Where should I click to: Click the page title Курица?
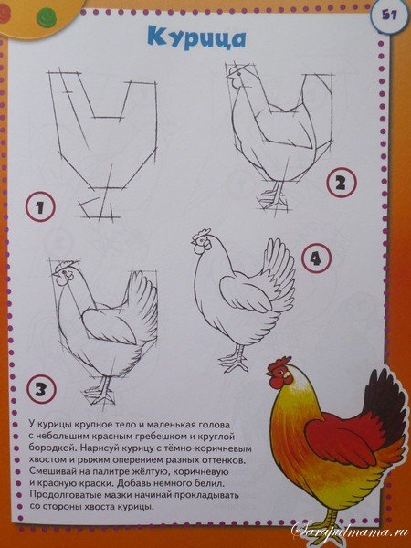pyautogui.click(x=196, y=38)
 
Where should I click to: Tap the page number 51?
pyautogui.click(x=389, y=16)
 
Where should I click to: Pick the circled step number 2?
pyautogui.click(x=342, y=183)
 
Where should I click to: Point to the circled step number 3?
pyautogui.click(x=41, y=389)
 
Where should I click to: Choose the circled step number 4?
pyautogui.click(x=316, y=258)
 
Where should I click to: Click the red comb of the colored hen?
pyautogui.click(x=279, y=364)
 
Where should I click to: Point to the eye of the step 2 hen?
pyautogui.click(x=239, y=74)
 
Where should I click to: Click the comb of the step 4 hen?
pyautogui.click(x=202, y=234)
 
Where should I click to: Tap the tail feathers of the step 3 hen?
pyautogui.click(x=142, y=304)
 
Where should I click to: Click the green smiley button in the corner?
pyautogui.click(x=47, y=18)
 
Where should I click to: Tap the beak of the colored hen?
pyautogui.click(x=269, y=374)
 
